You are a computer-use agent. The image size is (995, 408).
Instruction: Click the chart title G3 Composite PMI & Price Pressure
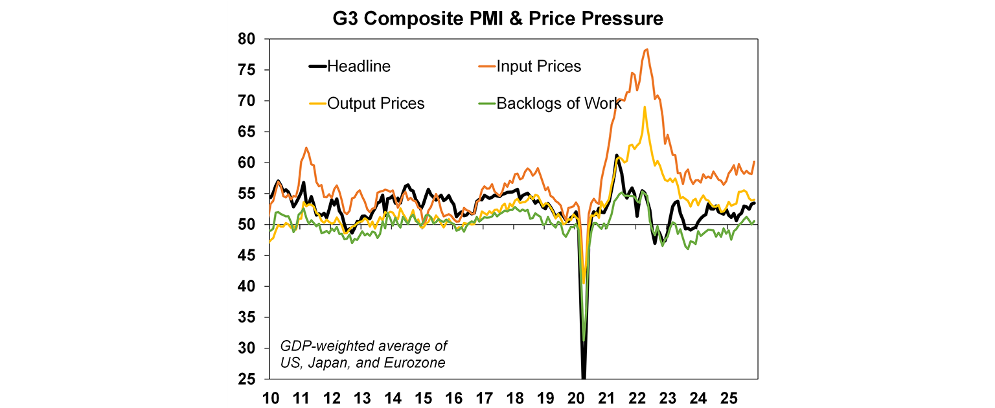(497, 19)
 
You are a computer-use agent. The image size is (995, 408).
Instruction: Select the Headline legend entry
(358, 66)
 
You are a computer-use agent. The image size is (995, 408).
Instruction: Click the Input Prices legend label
(538, 66)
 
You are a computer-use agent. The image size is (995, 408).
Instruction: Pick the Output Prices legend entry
(376, 104)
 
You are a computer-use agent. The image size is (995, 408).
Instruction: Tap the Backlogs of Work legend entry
(558, 104)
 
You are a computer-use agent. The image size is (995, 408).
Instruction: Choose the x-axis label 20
(575, 396)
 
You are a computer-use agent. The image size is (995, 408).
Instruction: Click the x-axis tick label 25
(728, 396)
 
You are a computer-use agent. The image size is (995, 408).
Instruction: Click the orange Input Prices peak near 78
(646, 49)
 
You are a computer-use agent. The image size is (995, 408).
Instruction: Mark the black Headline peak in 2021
(617, 155)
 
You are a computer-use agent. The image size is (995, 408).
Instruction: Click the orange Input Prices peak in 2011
(306, 148)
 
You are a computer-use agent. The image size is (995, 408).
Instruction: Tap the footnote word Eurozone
(415, 363)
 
